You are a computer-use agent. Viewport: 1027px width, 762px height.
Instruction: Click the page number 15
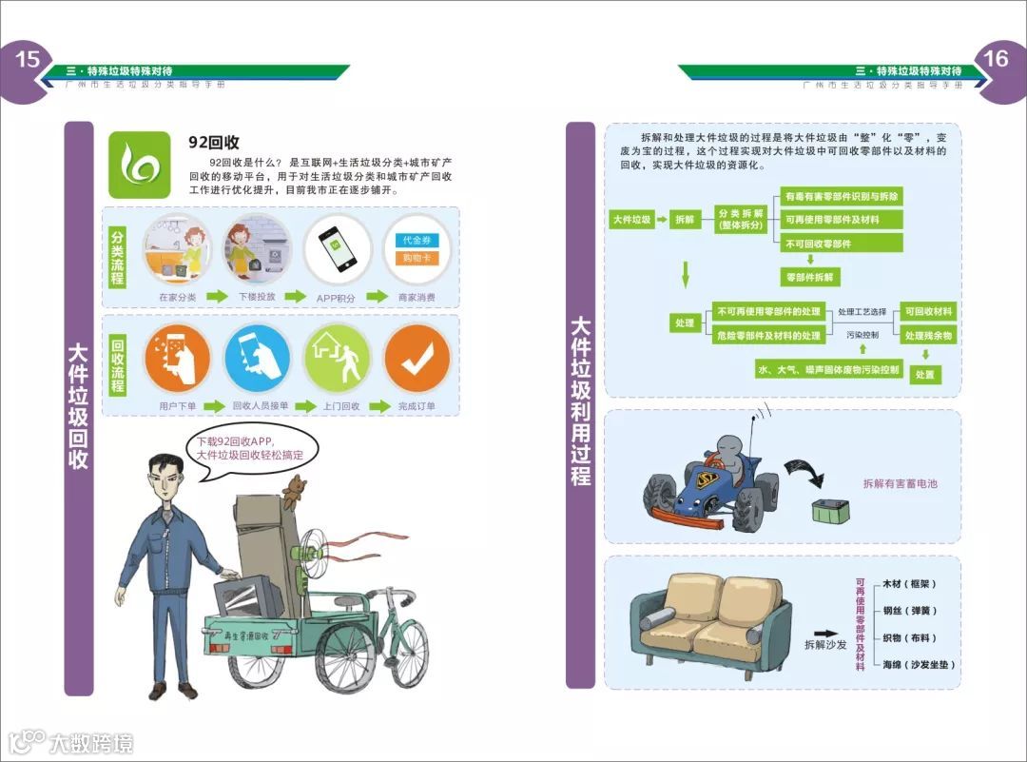[x=27, y=60]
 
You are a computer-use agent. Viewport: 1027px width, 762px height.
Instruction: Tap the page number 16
[x=995, y=59]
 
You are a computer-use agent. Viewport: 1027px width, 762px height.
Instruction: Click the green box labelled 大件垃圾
[x=630, y=219]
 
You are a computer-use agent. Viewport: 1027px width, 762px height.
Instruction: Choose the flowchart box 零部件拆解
[x=810, y=277]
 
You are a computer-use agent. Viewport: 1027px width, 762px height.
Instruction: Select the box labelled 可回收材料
[x=928, y=311]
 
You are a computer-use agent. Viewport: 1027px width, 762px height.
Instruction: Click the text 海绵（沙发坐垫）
[x=918, y=664]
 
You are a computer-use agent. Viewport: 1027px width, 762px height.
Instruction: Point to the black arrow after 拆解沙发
[x=824, y=632]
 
